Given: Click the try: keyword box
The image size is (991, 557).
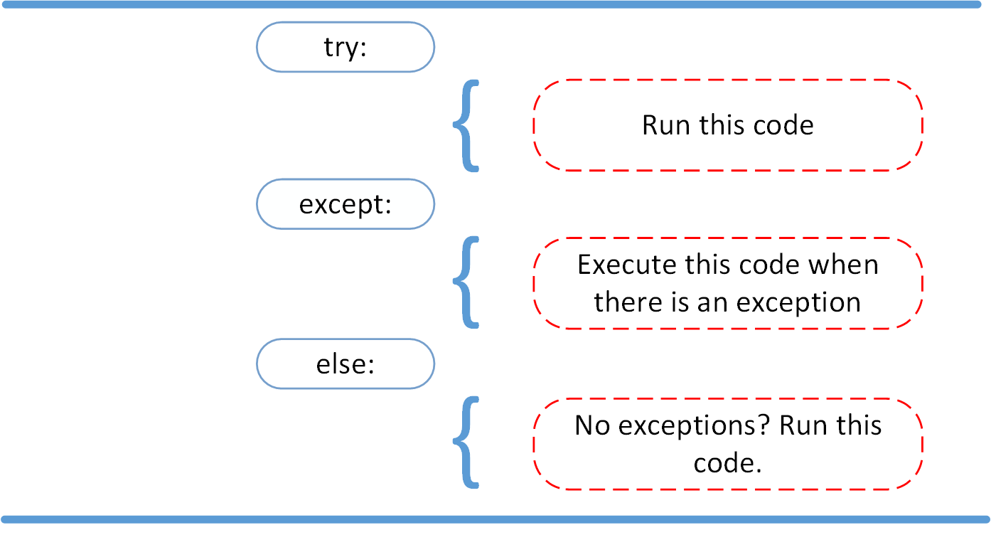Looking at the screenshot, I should point(345,47).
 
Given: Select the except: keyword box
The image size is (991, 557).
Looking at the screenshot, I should point(345,204).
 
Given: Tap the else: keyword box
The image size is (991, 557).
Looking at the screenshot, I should point(345,364).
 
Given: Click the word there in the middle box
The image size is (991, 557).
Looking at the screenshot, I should point(626,302).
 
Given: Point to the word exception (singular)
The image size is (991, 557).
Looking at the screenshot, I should point(798,302).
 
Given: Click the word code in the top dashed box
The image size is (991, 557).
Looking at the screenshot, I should point(785,125).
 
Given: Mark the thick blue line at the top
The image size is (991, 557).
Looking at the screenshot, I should point(495,5).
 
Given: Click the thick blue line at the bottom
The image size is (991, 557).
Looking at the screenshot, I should point(495,519).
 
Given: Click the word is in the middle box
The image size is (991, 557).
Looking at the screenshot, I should point(679,302).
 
